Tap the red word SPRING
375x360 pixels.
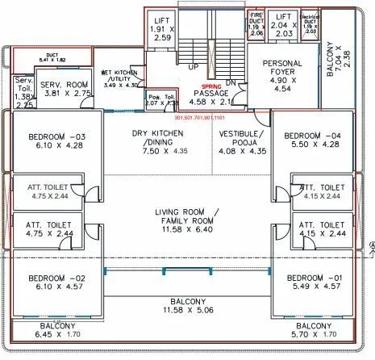click(211, 85)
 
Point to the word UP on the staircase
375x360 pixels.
click(194, 68)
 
